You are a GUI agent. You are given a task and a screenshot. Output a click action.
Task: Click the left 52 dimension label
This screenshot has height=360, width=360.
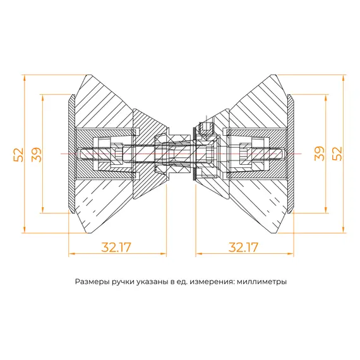click(x=18, y=154)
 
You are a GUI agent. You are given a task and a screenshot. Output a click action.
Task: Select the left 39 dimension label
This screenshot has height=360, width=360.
click(x=35, y=154)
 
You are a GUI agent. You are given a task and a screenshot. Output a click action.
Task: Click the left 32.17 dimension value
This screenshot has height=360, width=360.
click(x=116, y=247)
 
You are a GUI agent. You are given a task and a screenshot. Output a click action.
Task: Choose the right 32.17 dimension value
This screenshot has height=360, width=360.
click(x=243, y=247)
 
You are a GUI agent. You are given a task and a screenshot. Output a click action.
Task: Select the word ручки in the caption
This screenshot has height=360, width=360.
click(x=121, y=282)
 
